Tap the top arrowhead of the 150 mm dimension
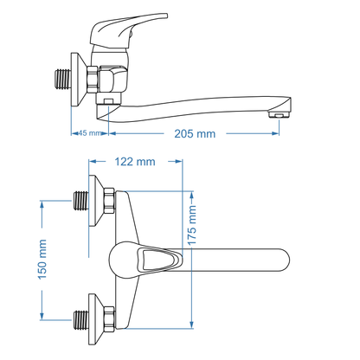(x=41, y=202)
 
